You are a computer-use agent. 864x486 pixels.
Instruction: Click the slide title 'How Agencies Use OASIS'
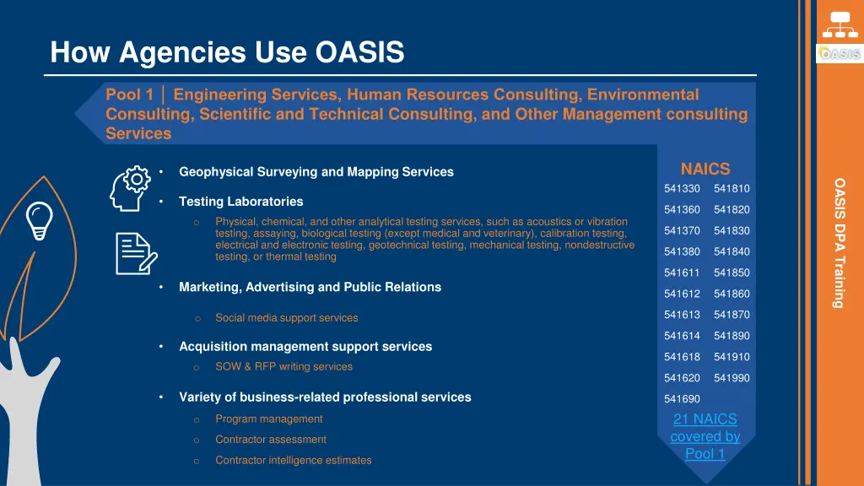click(227, 53)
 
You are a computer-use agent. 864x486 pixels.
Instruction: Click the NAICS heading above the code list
click(705, 169)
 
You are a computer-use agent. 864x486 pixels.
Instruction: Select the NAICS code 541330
click(682, 189)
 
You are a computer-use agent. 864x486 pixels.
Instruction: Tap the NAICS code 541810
click(732, 189)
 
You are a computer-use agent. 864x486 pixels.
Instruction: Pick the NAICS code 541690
click(682, 399)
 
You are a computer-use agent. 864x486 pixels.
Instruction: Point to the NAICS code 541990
click(732, 378)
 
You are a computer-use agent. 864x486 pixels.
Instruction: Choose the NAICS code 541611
click(682, 273)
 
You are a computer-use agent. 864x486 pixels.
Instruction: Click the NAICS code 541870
click(732, 315)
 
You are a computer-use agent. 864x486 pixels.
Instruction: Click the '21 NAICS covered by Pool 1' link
click(705, 436)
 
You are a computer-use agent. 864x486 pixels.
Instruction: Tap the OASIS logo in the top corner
click(839, 53)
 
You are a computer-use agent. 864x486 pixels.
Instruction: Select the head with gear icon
click(131, 188)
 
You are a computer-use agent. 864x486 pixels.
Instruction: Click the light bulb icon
click(40, 221)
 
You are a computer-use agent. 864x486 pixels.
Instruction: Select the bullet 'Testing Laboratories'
click(240, 202)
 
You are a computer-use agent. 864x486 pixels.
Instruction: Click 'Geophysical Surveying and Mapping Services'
click(316, 172)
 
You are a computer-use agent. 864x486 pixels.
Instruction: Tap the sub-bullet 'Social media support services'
click(286, 318)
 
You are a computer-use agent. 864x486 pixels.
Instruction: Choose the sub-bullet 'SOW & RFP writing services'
click(283, 367)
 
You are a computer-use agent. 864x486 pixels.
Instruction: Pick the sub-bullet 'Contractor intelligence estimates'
click(293, 461)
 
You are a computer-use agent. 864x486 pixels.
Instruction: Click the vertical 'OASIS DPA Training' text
click(840, 242)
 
